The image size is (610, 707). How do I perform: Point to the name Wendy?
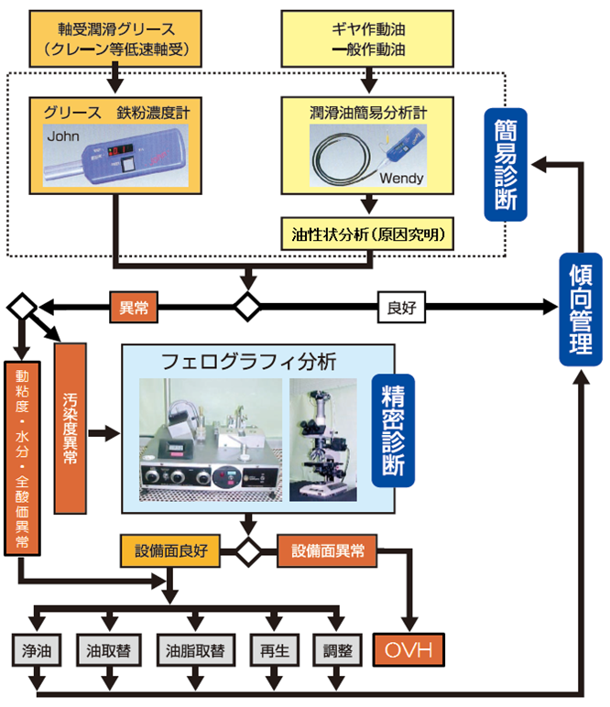400,179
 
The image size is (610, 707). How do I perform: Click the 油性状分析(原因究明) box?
368,234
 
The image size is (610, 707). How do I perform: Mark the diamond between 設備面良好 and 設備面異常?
247,552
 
